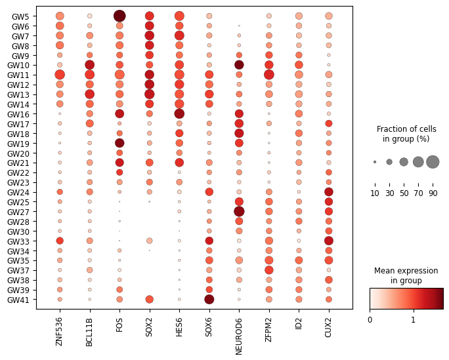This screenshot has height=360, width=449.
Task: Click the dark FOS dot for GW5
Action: [119, 16]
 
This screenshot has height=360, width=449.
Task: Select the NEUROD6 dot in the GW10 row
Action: [239, 65]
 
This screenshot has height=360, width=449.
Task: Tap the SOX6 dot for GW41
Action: [209, 300]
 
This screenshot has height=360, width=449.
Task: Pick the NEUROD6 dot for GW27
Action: [239, 211]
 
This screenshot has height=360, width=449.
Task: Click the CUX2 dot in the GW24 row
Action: [328, 191]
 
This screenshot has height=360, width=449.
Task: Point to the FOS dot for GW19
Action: [119, 143]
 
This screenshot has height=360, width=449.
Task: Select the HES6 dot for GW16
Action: [179, 113]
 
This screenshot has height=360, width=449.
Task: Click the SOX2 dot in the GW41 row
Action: [149, 300]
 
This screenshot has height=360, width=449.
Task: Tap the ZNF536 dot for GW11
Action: [60, 75]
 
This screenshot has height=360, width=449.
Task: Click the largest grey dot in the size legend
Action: [433, 162]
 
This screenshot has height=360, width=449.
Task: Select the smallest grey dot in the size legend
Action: [375, 162]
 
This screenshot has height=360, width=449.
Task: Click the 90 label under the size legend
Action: [433, 193]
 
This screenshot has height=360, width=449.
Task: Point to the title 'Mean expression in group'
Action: [406, 276]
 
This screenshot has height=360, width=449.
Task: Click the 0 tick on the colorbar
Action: [370, 320]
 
